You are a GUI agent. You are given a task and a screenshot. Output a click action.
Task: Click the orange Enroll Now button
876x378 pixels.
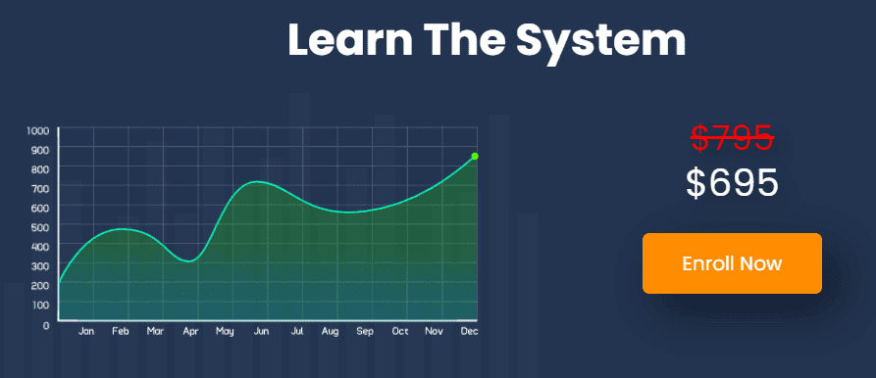tap(732, 263)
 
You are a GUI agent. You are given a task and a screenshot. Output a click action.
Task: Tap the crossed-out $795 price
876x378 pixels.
tap(732, 137)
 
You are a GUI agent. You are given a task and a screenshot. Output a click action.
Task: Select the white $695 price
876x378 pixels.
tap(732, 183)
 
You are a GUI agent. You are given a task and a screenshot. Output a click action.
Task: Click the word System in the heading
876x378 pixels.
tap(600, 40)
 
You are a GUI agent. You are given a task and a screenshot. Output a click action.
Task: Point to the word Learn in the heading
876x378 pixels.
tap(350, 39)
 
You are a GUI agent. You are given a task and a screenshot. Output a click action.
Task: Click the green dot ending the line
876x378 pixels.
tap(475, 156)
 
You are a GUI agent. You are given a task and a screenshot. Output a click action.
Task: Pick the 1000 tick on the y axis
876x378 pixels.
tap(38, 131)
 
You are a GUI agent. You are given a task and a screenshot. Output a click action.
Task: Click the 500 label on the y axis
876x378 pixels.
tap(42, 227)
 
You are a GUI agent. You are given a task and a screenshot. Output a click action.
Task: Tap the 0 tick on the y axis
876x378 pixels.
tap(46, 324)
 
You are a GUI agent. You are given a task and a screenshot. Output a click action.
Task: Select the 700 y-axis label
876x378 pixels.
tap(42, 188)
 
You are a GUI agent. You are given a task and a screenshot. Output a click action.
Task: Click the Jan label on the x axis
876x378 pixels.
tap(86, 331)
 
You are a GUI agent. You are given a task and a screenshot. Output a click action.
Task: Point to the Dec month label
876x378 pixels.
tap(469, 331)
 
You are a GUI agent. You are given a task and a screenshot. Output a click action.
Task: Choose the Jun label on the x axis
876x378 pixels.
tap(261, 331)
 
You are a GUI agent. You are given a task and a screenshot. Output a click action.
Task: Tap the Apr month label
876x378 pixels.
tap(190, 332)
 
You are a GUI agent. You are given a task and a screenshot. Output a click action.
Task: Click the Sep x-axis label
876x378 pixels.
tap(365, 331)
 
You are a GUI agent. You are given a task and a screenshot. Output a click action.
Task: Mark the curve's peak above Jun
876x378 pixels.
tap(257, 182)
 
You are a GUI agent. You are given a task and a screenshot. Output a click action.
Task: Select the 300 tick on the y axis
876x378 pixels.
tap(42, 265)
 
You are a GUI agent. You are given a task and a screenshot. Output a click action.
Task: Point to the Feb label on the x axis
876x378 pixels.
tap(120, 331)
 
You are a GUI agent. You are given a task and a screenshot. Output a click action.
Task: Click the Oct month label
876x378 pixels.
tap(400, 331)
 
